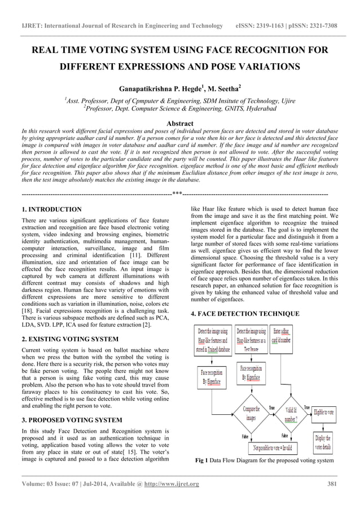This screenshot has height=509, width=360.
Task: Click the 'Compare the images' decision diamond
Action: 252,414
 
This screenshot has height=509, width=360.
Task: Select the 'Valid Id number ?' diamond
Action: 291,414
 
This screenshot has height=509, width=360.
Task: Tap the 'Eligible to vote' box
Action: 324,412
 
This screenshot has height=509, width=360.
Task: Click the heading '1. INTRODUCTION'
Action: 51,209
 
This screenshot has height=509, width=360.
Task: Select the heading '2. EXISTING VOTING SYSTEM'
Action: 70,339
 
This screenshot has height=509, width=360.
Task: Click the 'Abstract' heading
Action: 180,124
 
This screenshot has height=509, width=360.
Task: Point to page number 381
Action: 332,484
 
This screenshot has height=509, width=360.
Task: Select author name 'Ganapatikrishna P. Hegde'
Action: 160,89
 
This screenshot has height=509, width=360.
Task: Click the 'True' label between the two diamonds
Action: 271,407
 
